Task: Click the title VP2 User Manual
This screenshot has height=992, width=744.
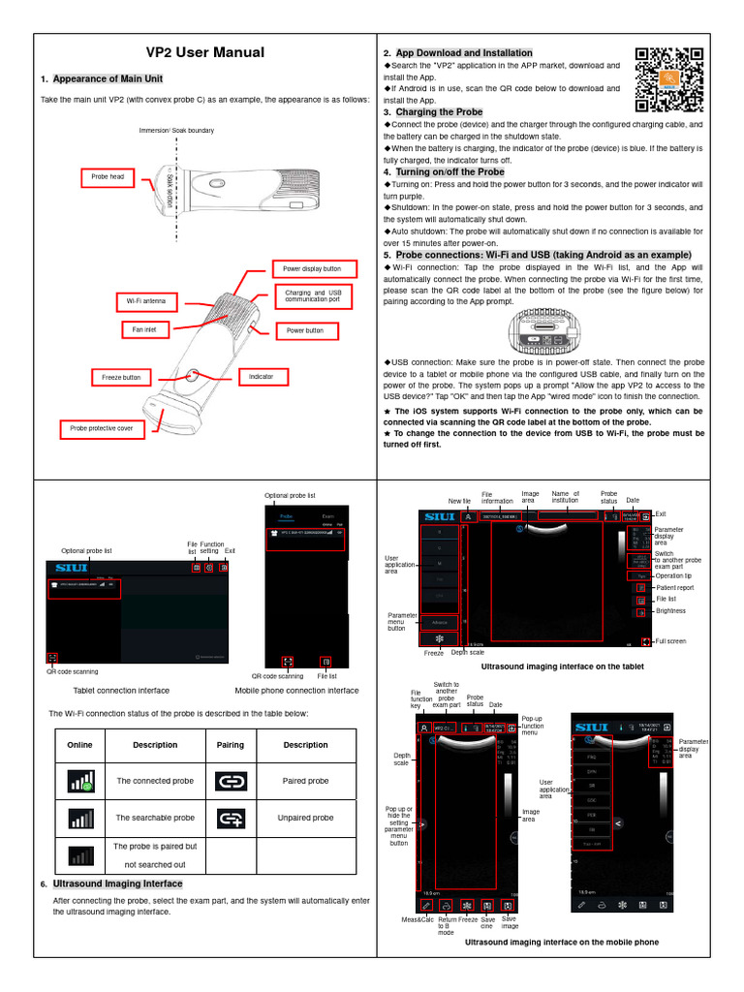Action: pos(204,53)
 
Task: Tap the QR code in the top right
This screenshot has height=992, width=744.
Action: pos(667,80)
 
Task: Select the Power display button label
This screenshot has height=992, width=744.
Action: pos(312,268)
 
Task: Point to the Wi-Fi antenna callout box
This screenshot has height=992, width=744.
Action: pos(146,301)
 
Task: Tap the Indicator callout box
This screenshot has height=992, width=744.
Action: pos(261,377)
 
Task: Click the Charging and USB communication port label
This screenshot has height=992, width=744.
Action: pos(313,295)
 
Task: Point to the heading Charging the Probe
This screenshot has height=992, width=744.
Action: pos(439,112)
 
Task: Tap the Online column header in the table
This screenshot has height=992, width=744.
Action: pos(80,745)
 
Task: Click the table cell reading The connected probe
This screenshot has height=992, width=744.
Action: pos(155,781)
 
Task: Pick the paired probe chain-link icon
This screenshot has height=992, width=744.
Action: pos(232,781)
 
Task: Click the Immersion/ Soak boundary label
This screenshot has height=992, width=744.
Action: pos(176,130)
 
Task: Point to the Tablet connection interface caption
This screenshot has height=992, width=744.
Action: pos(121,691)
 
